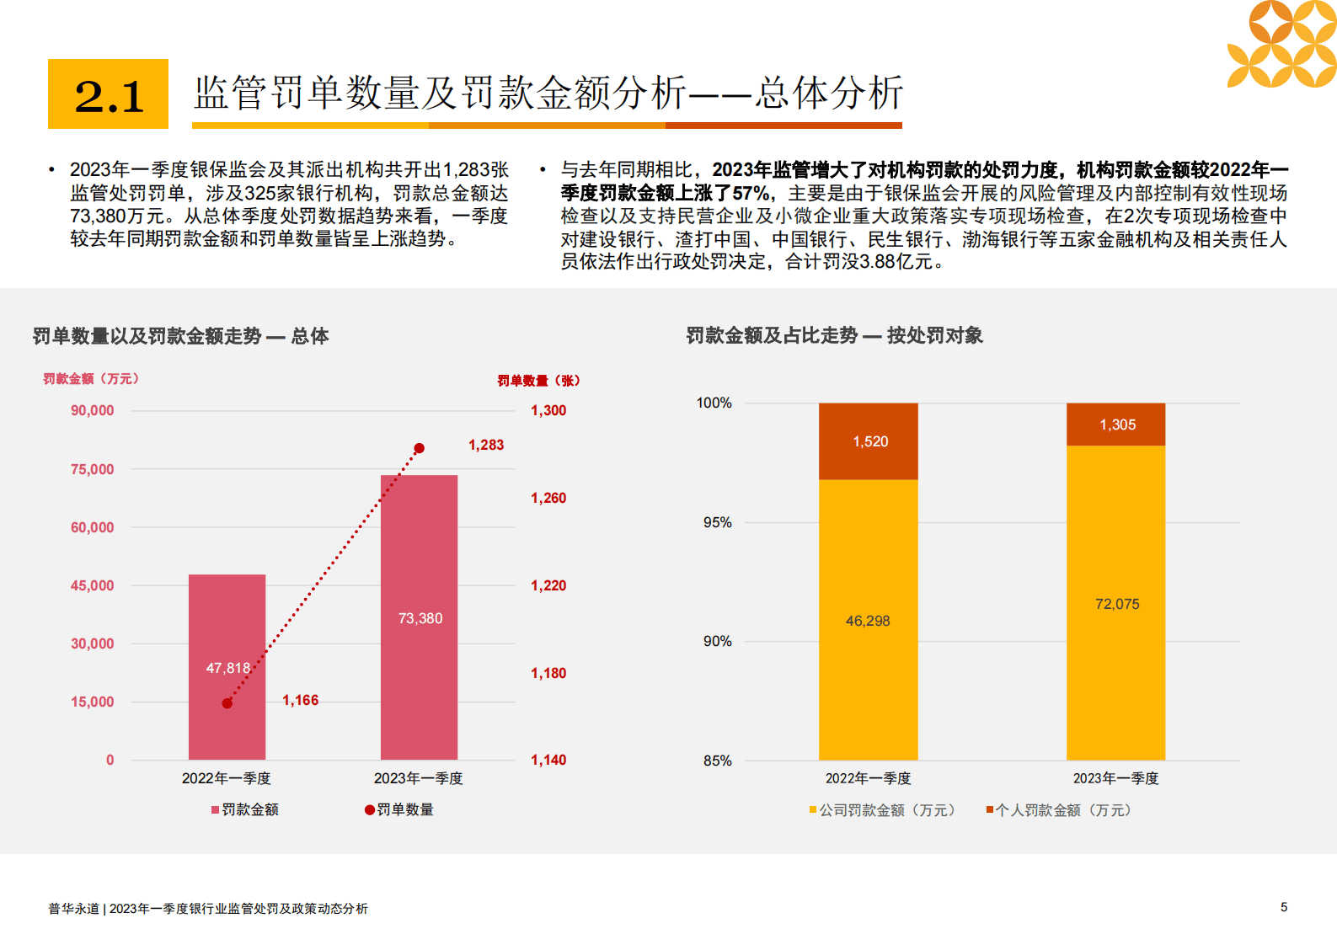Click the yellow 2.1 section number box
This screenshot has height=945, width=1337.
coord(108,93)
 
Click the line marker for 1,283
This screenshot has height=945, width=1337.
coord(419,448)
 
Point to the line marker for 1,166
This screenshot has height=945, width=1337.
coord(227,703)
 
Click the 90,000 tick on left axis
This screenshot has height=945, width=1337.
coord(92,411)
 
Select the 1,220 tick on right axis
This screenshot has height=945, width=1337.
coord(548,585)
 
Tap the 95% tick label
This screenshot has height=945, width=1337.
coord(717,522)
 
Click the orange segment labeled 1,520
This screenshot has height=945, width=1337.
coord(868,441)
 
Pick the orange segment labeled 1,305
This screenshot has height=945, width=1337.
coord(1115,424)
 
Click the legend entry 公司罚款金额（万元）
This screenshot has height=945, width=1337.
coord(882,810)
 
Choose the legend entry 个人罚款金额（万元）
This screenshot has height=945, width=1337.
coord(1059,810)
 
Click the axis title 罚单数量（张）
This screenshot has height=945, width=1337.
coord(538,381)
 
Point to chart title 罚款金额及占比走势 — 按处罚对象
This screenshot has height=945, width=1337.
coord(834,335)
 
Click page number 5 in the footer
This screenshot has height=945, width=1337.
coord(1283,907)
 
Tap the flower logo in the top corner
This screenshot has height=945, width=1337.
coord(1281,44)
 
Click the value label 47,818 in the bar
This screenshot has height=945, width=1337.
coord(227,668)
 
